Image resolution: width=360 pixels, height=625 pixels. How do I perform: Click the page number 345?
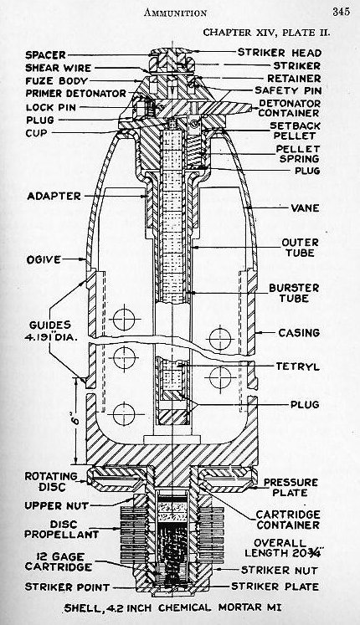(339, 11)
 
